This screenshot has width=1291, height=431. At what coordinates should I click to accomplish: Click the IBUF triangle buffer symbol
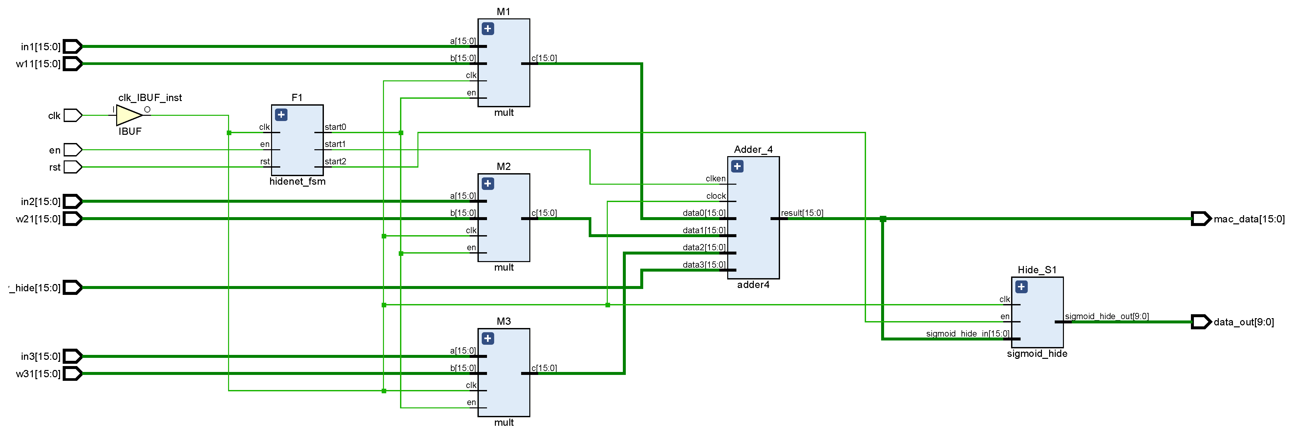point(129,115)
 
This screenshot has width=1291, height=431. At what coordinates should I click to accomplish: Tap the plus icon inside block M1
point(488,29)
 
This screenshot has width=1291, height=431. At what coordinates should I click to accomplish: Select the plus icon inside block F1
point(281,115)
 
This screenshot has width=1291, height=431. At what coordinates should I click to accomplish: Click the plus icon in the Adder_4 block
point(737,166)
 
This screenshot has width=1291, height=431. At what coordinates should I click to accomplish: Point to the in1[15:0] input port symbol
point(73,47)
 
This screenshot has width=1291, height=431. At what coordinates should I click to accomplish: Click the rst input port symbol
point(73,167)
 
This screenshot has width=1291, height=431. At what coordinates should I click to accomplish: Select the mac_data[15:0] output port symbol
point(1201,218)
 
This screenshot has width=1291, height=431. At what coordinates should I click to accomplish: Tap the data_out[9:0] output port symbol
point(1201,322)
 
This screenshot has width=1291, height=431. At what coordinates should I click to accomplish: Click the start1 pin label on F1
point(335,144)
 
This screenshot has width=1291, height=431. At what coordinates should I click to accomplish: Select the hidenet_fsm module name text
point(297,181)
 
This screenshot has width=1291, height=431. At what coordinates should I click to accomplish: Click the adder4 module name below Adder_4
point(753,285)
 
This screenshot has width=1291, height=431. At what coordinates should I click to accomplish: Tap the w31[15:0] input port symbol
point(73,373)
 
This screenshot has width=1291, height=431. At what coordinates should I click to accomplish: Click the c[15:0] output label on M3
point(544,368)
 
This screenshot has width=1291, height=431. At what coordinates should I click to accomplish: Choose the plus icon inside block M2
point(488,183)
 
